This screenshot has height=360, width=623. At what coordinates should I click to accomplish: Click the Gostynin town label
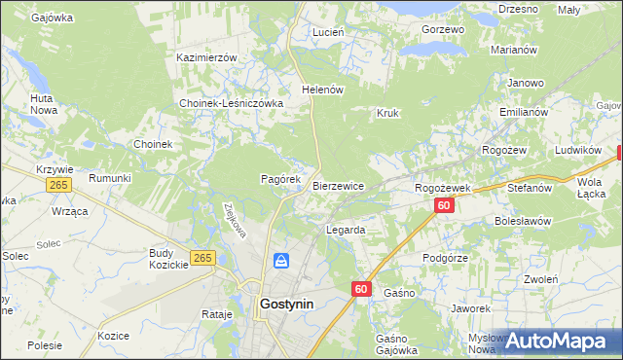point(286,304)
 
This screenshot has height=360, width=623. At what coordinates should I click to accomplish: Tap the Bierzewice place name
point(338,186)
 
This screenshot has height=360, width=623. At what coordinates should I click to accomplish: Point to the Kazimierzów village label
point(206,57)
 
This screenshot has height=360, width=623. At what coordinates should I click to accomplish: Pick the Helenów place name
point(324,90)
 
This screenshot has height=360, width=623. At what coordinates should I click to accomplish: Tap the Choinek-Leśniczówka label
point(231,103)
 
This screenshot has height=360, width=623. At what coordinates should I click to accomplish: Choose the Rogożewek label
point(443,188)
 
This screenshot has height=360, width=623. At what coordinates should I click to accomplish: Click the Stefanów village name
point(530,188)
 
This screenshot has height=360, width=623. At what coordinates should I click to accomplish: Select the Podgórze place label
point(446,258)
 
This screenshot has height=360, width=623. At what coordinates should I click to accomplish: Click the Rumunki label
point(109,178)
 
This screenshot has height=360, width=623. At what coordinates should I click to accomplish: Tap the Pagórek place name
point(282,180)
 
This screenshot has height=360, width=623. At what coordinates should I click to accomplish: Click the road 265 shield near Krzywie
point(58,185)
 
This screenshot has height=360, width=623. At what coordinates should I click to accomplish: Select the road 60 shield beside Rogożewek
point(444,205)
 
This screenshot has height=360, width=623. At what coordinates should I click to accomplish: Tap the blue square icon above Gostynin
point(281,261)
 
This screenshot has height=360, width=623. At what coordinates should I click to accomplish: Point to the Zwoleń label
point(539,279)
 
